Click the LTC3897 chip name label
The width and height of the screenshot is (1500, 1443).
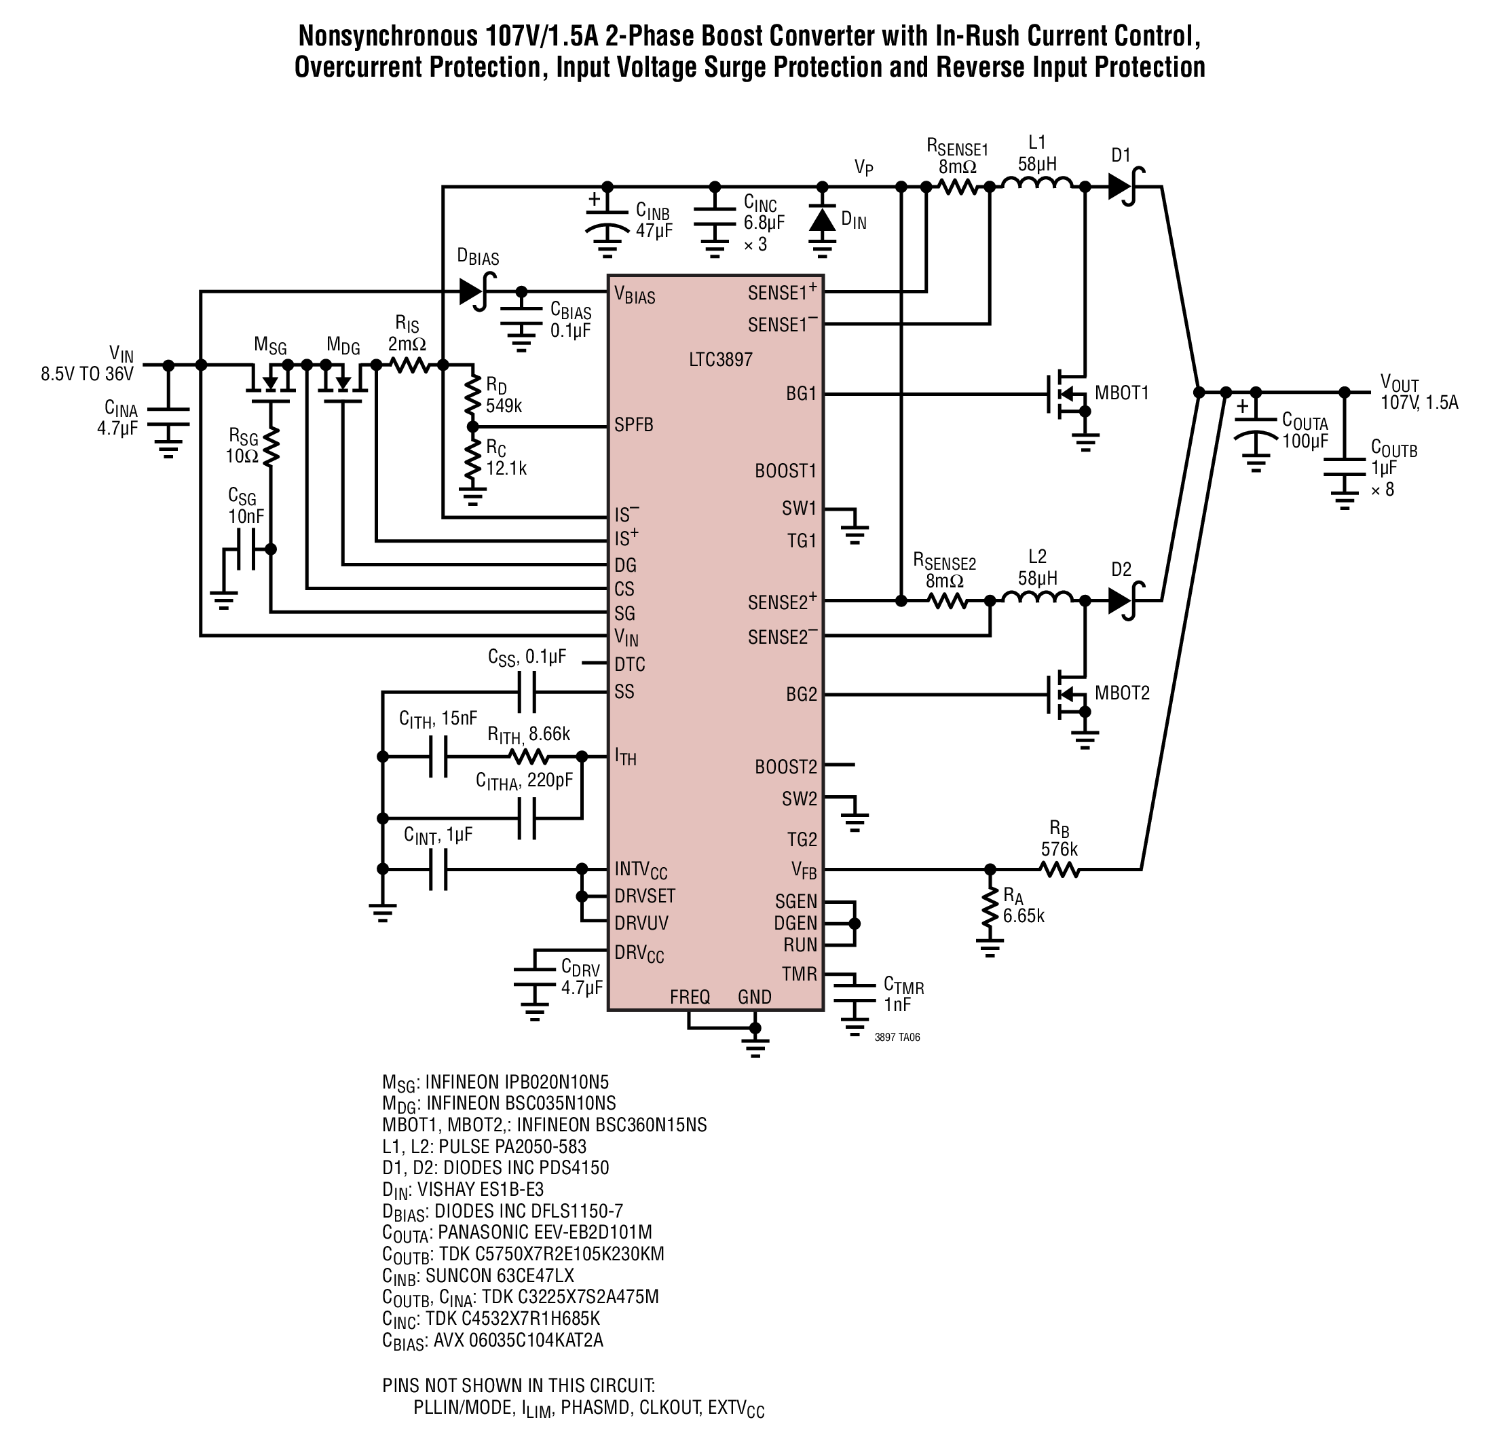pos(720,359)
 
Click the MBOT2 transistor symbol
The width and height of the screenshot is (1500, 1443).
pos(1068,694)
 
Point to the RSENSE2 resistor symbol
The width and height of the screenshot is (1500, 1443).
pos(948,601)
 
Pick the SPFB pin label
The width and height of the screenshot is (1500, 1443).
pos(634,425)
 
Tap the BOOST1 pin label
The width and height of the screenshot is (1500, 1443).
pos(786,471)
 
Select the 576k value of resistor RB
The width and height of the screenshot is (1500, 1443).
pos(1060,849)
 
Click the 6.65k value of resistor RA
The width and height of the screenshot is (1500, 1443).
pos(1024,915)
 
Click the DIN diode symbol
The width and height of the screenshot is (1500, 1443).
pos(823,221)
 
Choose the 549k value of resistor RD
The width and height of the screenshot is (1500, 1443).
pos(504,405)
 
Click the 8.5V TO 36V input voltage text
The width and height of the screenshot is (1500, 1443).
pos(88,374)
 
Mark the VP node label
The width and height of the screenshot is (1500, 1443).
pos(864,168)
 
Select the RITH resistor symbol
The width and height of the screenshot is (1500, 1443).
pos(529,756)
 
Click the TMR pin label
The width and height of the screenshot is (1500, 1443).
pos(799,974)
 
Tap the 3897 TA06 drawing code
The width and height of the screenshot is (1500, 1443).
pos(897,1038)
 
